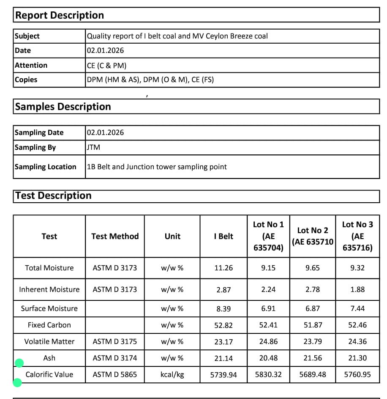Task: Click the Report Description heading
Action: coord(60,16)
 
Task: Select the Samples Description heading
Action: coord(63,107)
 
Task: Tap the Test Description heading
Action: coord(53,195)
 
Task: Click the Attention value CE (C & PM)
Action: coord(106,65)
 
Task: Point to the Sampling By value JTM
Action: coord(93,147)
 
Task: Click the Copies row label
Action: coord(26,80)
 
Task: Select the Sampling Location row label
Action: coord(46,167)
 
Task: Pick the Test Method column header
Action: coord(115,236)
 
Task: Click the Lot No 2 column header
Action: coord(313,236)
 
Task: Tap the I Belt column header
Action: coord(223,236)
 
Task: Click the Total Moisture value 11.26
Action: coord(223,268)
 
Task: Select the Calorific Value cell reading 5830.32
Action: coord(268,374)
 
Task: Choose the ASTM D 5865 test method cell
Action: coord(115,374)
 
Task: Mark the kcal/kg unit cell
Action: coord(172,374)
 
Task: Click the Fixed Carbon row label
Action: coord(49,325)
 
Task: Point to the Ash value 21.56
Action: coord(313,358)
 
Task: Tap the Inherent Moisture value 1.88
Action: coord(357,289)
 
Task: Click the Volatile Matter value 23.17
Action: coord(223,341)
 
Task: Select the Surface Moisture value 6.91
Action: coord(268,308)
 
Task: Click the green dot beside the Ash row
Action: coord(19,363)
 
